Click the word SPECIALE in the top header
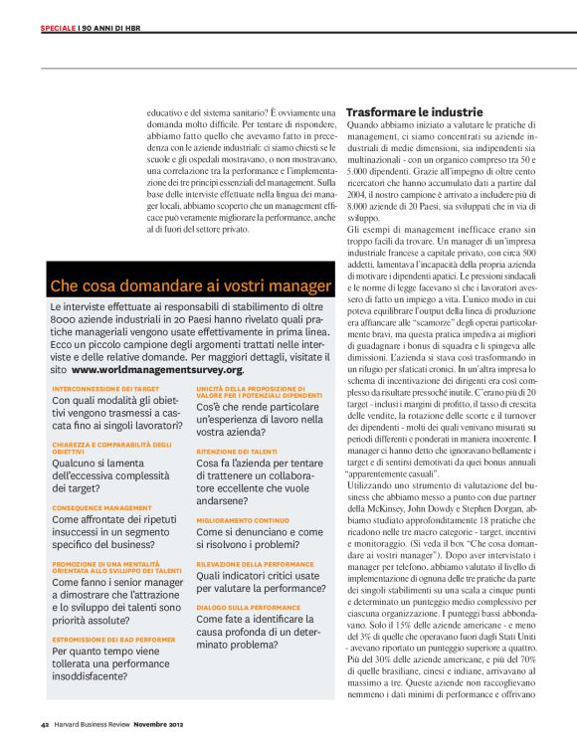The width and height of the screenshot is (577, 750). (x=58, y=28)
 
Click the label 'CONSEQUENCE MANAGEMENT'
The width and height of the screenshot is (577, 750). (x=102, y=506)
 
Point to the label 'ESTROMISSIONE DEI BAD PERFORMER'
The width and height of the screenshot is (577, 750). (x=112, y=640)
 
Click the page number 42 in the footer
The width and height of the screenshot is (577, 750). (x=46, y=723)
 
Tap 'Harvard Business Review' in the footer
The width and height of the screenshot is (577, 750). (x=93, y=723)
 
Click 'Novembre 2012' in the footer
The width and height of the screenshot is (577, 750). (x=160, y=723)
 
